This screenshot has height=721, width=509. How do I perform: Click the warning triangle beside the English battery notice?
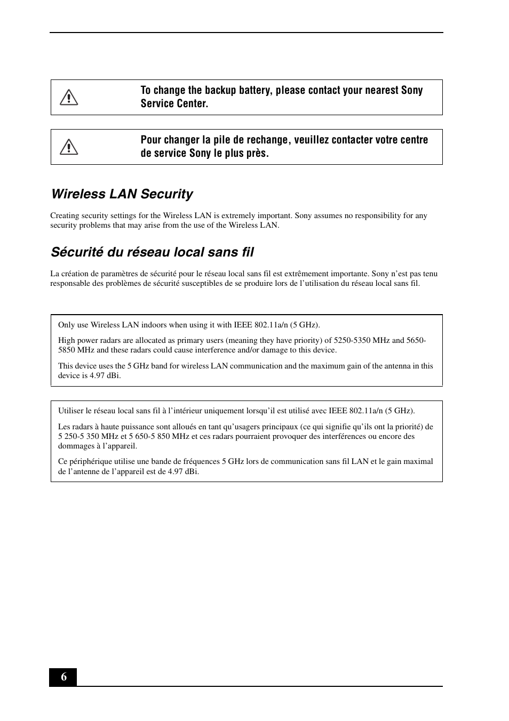point(69,98)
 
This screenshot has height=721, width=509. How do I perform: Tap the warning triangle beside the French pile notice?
point(69,147)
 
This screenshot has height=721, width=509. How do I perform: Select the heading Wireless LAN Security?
point(122,194)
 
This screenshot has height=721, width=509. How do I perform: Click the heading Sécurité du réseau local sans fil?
point(152,252)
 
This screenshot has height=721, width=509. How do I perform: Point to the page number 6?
point(63,677)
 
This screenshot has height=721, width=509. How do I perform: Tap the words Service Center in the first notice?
point(174,104)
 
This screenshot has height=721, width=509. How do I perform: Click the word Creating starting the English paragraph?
point(65,216)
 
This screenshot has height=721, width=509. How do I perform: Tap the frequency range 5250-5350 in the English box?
point(353,341)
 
